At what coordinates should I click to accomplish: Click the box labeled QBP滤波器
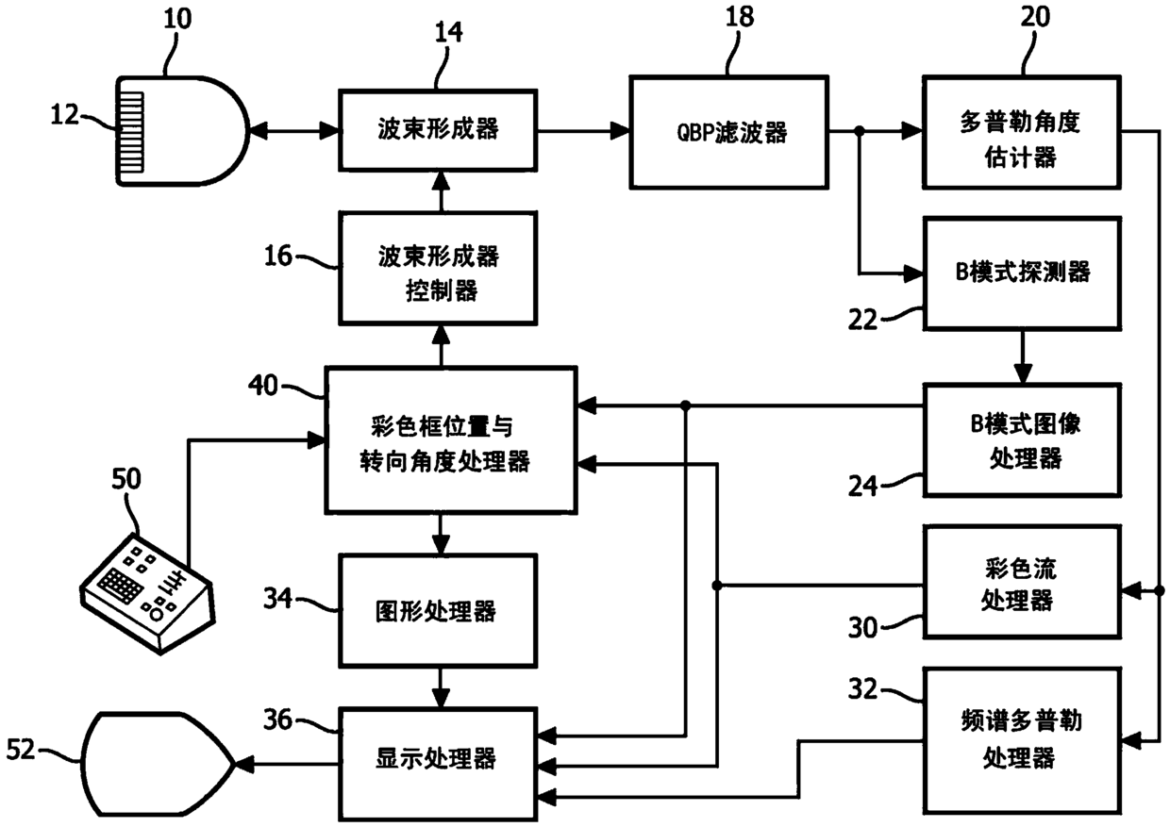pos(728,132)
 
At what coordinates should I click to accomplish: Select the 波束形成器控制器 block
pos(438,268)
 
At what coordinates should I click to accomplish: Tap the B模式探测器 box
pos(1022,273)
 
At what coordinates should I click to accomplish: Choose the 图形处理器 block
pos(438,610)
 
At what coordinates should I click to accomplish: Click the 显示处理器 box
pos(438,763)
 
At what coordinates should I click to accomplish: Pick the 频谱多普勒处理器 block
pos(1022,740)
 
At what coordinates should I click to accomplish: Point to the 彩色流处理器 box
pos(1022,582)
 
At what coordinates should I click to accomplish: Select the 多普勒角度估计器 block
pos(1021,132)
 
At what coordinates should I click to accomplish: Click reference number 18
pos(740,17)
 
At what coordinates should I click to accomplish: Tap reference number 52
pos(21,750)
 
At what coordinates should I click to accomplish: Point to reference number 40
pos(262,386)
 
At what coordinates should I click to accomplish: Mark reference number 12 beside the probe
pos(64,114)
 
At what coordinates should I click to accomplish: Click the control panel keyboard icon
pos(148,593)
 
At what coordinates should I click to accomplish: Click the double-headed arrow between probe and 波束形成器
pos(293,131)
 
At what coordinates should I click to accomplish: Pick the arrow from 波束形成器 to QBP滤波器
pos(583,130)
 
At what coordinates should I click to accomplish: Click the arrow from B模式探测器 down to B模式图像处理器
pos(1022,357)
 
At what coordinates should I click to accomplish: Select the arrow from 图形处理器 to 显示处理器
pos(441,687)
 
